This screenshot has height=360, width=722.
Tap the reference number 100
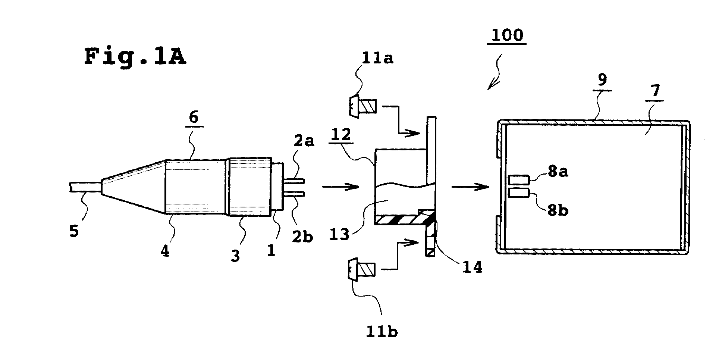(x=507, y=35)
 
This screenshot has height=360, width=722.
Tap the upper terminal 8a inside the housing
(x=518, y=181)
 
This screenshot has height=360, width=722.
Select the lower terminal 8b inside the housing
(x=518, y=193)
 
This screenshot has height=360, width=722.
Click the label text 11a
(x=377, y=58)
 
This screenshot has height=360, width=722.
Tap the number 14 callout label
(x=472, y=267)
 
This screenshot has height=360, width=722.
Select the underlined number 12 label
(x=341, y=135)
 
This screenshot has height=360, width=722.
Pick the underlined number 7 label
(x=655, y=91)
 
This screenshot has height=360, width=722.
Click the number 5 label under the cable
(x=74, y=231)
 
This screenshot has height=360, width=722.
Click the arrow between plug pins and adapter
(x=340, y=186)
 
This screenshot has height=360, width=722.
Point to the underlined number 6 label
(x=194, y=118)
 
